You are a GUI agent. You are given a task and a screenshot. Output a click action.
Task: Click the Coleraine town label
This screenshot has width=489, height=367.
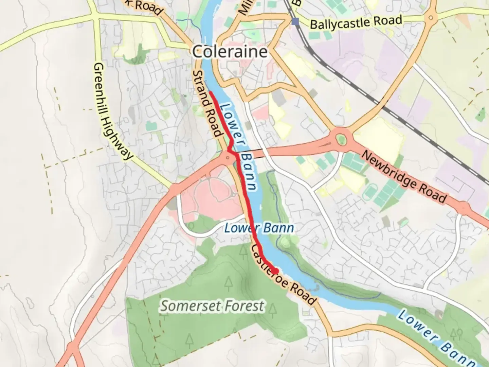click(x=230, y=52)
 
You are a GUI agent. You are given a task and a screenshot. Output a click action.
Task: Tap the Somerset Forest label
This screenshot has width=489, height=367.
click(x=212, y=306)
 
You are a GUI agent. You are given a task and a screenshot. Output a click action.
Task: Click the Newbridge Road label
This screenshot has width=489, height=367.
click(x=403, y=177)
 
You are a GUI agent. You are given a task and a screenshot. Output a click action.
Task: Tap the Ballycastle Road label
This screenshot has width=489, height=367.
click(x=356, y=23)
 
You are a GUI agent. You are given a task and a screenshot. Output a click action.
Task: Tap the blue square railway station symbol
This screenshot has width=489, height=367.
click(x=295, y=21)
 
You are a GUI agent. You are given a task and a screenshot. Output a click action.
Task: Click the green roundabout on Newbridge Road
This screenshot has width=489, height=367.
click(x=341, y=139)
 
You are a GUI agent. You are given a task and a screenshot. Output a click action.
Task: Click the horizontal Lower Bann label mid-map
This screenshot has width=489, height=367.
click(x=259, y=228)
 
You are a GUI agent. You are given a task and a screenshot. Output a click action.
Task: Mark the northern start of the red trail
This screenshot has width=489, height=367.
click(x=211, y=92)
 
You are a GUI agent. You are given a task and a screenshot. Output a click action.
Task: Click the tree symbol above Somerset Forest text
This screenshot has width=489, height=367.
click(x=243, y=250)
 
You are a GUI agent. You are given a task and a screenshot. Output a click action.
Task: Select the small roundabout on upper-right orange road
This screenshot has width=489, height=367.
click(x=431, y=17)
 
